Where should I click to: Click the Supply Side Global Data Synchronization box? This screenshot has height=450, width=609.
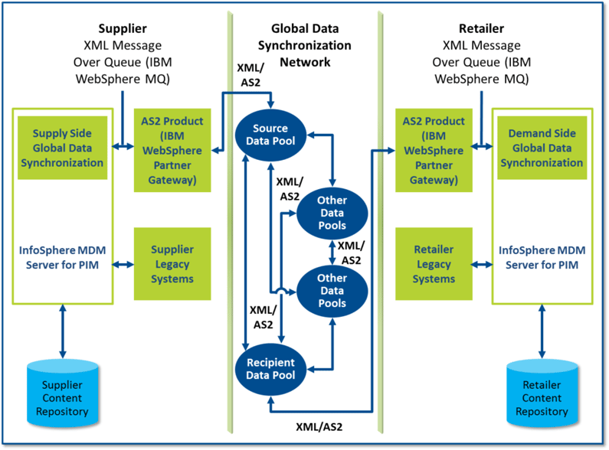[68, 148]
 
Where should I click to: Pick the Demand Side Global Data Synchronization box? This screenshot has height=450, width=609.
[545, 148]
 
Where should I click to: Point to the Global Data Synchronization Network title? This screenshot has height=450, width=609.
[304, 45]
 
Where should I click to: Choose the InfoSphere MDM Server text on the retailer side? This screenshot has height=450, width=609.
[543, 256]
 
